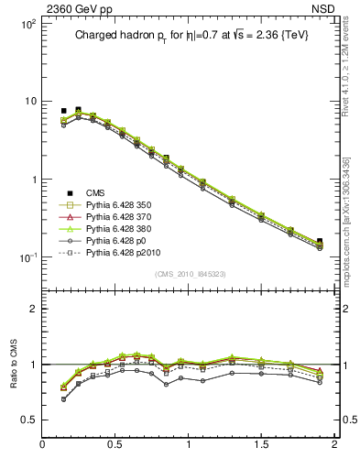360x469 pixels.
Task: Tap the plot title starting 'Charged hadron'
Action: [186, 37]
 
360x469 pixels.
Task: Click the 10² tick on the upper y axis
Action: [27, 23]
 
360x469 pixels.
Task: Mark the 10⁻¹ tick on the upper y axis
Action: [27, 257]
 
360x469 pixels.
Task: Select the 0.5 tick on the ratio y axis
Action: [27, 420]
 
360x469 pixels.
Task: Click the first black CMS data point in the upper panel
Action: [63, 111]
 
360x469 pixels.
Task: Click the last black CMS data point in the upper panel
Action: [319, 241]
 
